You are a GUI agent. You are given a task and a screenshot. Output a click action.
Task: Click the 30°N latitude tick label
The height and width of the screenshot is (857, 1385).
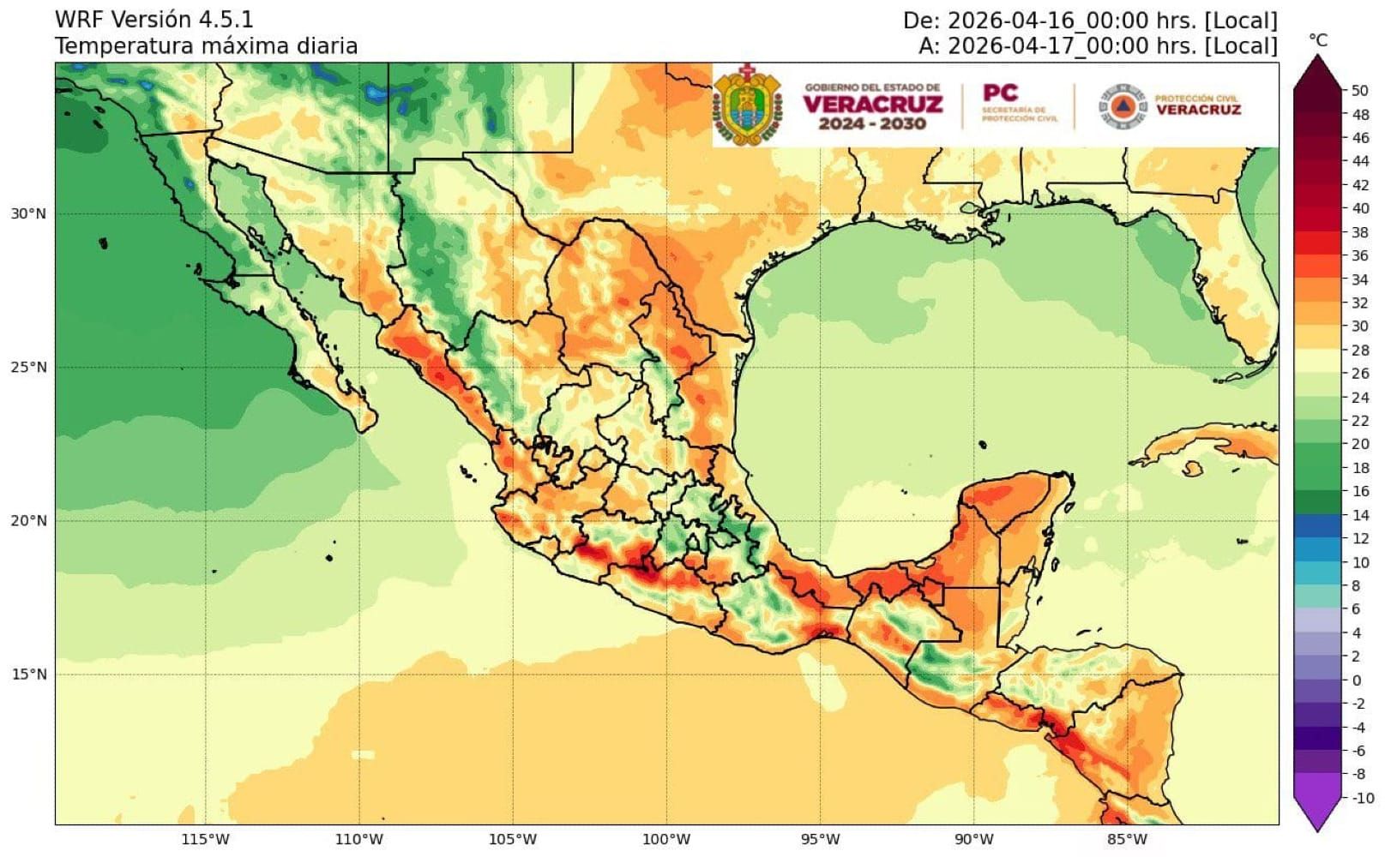tap(28, 214)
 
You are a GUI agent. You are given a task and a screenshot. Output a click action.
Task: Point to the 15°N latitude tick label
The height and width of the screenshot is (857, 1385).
tap(28, 674)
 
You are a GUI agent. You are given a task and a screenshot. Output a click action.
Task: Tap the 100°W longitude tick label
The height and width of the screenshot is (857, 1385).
tap(666, 839)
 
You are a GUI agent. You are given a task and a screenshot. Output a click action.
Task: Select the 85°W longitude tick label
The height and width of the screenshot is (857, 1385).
tap(1127, 839)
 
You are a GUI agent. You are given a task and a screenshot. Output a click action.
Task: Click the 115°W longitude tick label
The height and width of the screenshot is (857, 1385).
tap(206, 839)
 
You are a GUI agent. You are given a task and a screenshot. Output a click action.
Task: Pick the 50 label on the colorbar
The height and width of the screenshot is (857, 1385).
tap(1360, 91)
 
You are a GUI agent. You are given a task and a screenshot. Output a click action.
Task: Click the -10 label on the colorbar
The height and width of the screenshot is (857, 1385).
tap(1362, 798)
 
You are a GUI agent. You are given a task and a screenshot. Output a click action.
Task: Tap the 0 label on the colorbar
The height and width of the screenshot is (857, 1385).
tap(1356, 680)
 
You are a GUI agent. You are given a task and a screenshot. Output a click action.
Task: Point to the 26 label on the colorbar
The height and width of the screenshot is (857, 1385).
tap(1360, 374)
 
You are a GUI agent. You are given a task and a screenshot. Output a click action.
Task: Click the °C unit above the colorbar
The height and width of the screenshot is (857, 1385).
tap(1318, 40)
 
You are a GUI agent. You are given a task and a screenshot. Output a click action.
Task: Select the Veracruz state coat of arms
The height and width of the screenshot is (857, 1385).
tap(748, 105)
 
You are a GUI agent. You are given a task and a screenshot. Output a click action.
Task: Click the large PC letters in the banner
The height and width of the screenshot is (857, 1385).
tap(1000, 93)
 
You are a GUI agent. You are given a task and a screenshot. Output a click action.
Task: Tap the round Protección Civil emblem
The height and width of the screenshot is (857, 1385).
tap(1123, 106)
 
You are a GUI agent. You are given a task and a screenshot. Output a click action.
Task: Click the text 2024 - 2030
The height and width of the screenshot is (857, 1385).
tap(872, 124)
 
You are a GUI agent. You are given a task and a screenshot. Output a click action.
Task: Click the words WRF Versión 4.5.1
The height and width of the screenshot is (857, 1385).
tap(154, 19)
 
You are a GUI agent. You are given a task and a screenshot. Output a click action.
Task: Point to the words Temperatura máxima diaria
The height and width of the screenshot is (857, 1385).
tap(206, 46)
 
